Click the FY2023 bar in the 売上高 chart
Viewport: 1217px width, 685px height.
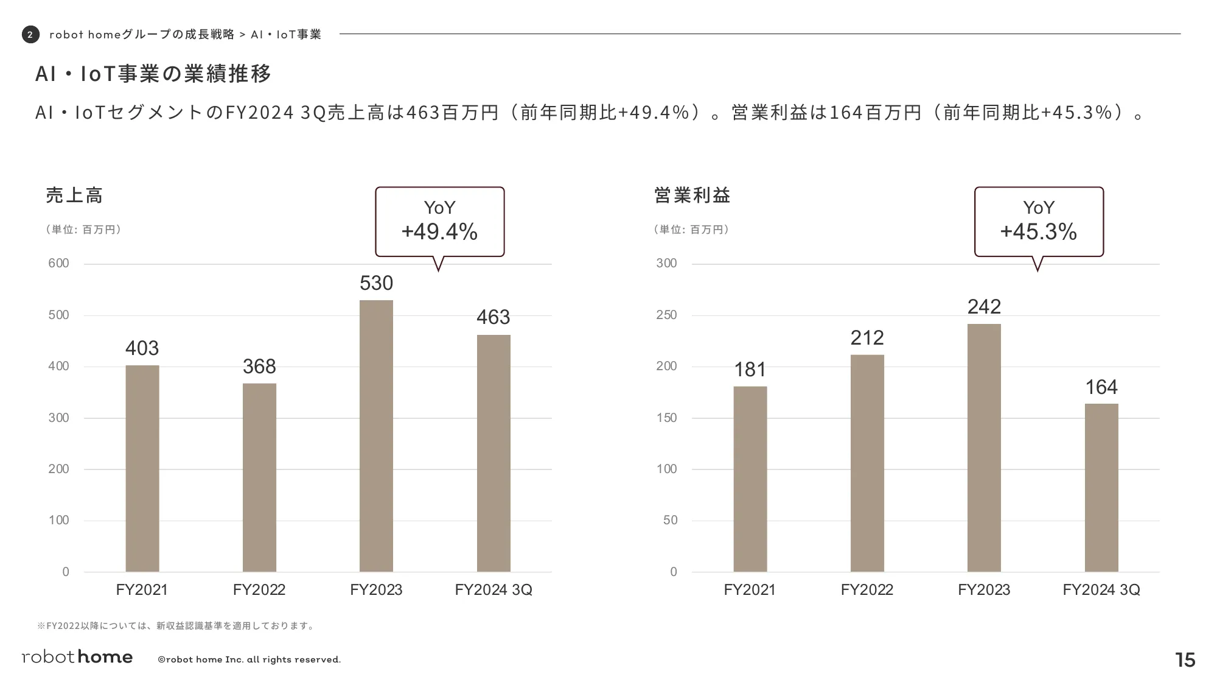coord(376,435)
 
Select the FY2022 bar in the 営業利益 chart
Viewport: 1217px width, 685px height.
coord(867,463)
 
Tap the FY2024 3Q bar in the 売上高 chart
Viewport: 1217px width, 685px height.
coord(493,453)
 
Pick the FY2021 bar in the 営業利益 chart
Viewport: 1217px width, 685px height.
coord(750,479)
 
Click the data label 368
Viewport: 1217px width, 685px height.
coord(259,367)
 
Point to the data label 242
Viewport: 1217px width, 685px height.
coord(984,307)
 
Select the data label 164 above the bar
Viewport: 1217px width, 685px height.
coord(1101,387)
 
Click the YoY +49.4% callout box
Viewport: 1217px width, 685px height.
coord(439,222)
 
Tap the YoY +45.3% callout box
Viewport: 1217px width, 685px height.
coord(1039,222)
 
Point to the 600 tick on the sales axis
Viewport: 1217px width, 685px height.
coord(59,264)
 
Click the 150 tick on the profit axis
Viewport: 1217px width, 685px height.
coord(667,418)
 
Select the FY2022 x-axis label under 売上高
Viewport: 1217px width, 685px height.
coord(259,589)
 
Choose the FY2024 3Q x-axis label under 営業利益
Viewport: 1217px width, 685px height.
coord(1101,589)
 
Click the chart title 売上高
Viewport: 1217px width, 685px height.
coord(74,195)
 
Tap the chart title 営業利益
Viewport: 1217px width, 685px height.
coord(692,195)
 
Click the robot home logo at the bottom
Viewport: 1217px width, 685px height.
coord(77,657)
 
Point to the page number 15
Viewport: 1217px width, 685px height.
coord(1185,660)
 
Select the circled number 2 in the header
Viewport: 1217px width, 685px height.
coord(30,35)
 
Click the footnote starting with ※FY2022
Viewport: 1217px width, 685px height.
coord(176,626)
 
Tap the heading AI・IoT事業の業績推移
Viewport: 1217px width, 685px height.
coord(153,74)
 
